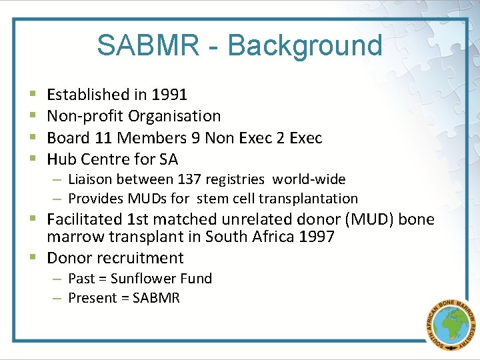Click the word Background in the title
(x=305, y=45)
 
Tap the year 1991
(x=169, y=95)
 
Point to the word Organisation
(x=175, y=116)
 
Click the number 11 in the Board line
(x=105, y=138)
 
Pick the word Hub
(x=61, y=159)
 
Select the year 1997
(x=316, y=237)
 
